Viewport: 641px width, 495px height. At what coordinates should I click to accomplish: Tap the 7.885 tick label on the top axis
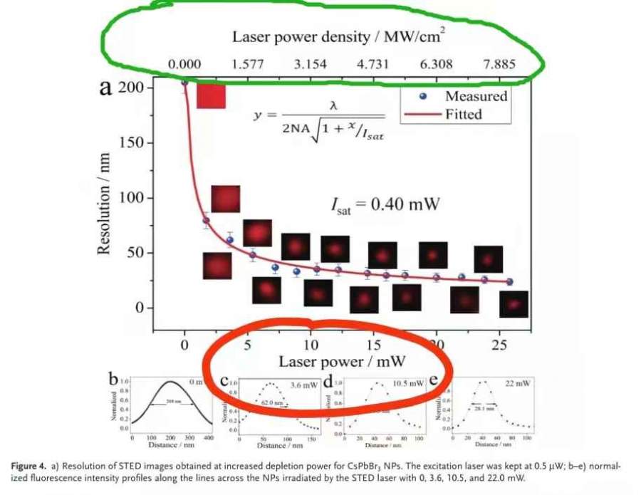tap(499, 65)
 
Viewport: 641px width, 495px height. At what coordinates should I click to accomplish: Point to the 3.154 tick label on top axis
tap(310, 65)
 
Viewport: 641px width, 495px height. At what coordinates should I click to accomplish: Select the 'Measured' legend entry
tap(476, 95)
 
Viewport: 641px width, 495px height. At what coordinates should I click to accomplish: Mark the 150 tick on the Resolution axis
tap(132, 142)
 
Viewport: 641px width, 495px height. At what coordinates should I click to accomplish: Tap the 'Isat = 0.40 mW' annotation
tap(385, 205)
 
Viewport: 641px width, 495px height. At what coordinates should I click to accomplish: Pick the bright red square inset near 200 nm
tap(211, 95)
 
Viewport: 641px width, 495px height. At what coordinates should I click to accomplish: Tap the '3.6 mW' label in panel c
tap(304, 385)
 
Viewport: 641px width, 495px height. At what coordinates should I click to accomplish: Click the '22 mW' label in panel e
tap(518, 383)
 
